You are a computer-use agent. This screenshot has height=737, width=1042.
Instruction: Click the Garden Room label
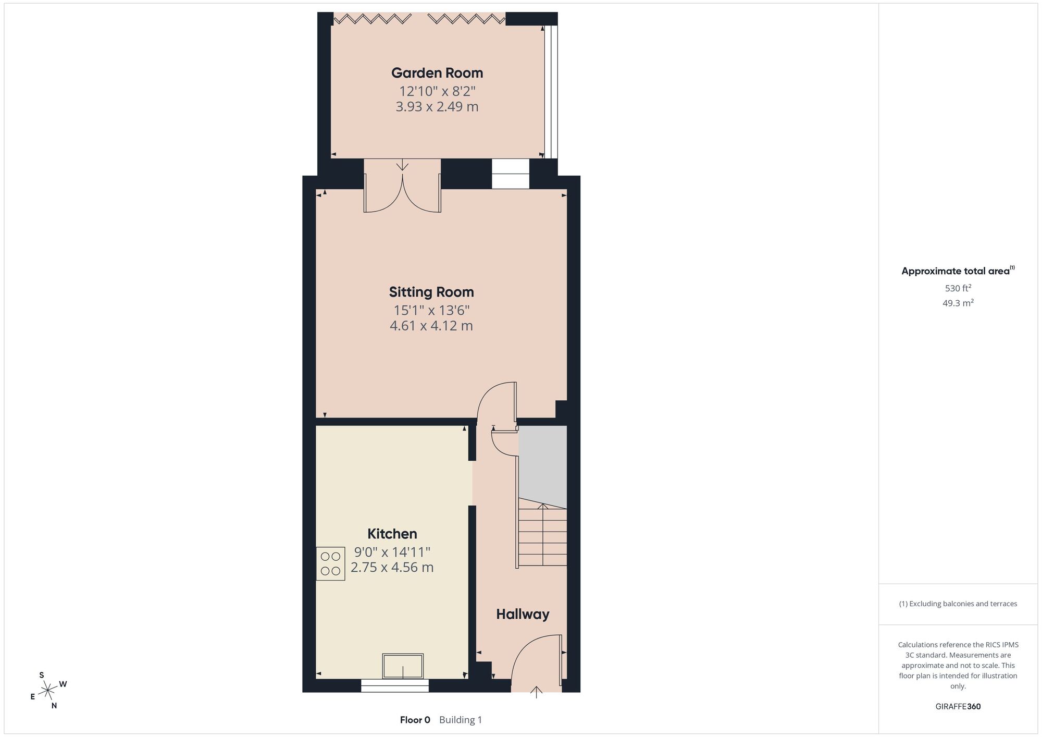click(437, 73)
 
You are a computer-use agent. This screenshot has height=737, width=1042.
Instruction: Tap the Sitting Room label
click(431, 292)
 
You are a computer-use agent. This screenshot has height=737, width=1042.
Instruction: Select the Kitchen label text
click(392, 534)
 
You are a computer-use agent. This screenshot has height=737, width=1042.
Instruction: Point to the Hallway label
click(523, 614)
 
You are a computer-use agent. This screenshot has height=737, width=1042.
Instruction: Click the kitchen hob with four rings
click(330, 563)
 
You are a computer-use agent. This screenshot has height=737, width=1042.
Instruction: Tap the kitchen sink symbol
click(403, 666)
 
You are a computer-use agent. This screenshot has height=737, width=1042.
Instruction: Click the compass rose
click(48, 691)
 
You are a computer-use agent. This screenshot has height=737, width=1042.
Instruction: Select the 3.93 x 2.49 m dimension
click(437, 107)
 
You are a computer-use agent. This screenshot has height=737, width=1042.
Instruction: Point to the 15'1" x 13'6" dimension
click(431, 311)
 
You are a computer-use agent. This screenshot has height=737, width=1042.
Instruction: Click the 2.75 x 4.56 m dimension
click(392, 567)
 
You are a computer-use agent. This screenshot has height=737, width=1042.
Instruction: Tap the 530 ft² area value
click(958, 288)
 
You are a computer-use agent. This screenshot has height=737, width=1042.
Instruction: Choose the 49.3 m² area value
click(958, 303)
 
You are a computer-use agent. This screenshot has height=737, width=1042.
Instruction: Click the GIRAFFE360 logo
click(958, 707)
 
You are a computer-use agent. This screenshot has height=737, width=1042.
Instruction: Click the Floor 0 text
click(415, 720)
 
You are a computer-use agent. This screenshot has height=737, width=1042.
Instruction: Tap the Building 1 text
click(461, 720)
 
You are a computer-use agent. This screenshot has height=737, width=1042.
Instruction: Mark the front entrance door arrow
click(536, 692)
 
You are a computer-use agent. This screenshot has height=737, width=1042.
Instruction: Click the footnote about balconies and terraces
click(958, 604)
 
